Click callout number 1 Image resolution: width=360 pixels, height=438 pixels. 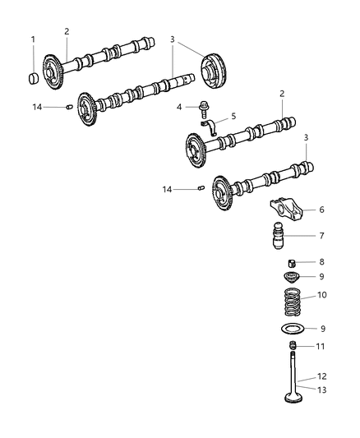pyautogui.click(x=33, y=39)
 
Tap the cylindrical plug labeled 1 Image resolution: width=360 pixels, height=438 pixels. pyautogui.click(x=35, y=79)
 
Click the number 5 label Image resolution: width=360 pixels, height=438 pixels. pyautogui.click(x=233, y=117)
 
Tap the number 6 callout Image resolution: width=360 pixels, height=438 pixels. pyautogui.click(x=321, y=210)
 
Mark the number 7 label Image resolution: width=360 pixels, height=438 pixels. pyautogui.click(x=321, y=235)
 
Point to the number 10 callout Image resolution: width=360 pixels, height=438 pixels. pyautogui.click(x=321, y=293)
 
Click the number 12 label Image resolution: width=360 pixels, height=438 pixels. pyautogui.click(x=321, y=375)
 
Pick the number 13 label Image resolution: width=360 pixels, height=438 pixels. pyautogui.click(x=321, y=390)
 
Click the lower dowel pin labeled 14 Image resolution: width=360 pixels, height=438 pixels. pyautogui.click(x=201, y=190)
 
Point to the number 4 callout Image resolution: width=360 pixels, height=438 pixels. pyautogui.click(x=178, y=105)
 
